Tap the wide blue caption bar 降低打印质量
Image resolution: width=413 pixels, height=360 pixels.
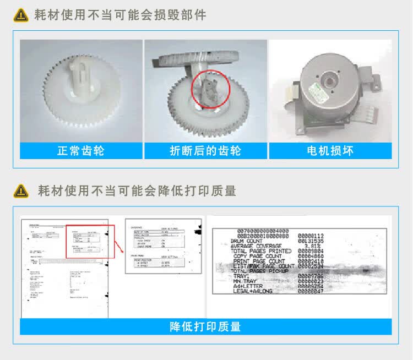point(205,326)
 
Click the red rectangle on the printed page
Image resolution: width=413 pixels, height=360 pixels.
point(90,241)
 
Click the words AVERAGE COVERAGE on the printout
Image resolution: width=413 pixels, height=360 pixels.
point(257,246)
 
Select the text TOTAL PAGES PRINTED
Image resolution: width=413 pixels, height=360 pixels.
point(261,251)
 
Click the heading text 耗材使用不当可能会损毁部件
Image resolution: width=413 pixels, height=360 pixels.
point(121,15)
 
